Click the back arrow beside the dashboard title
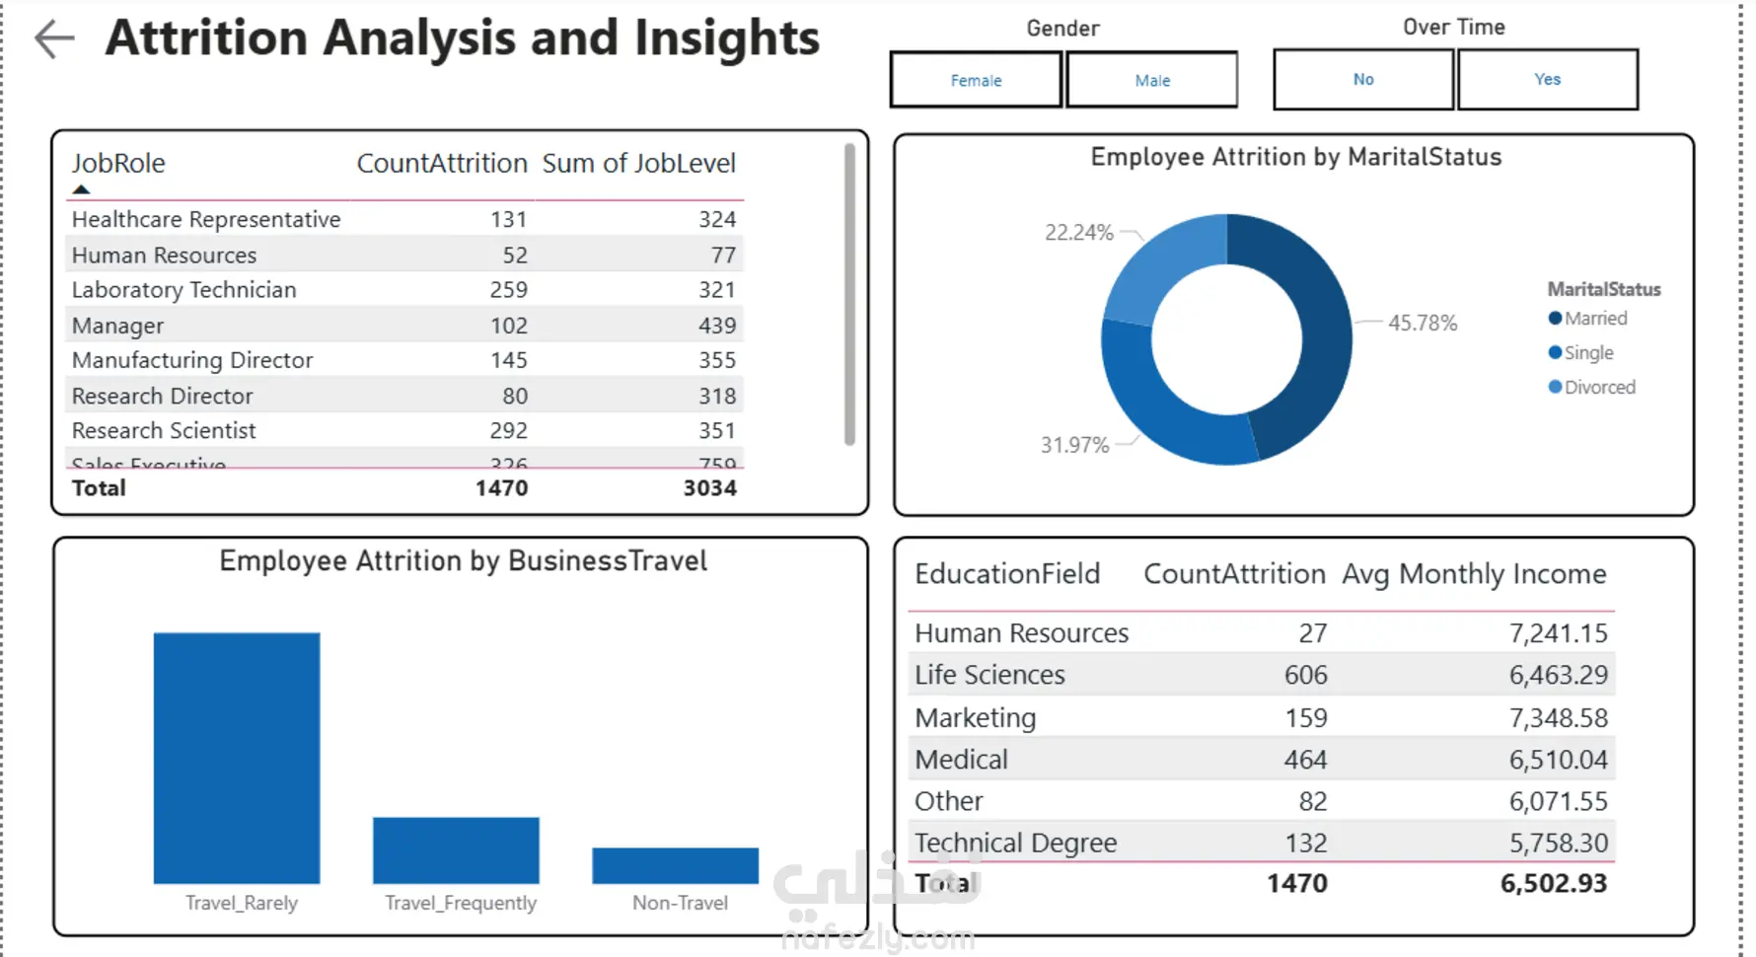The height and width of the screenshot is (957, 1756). [54, 39]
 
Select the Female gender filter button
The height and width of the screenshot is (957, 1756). [976, 80]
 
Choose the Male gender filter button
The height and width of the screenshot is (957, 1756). [1152, 80]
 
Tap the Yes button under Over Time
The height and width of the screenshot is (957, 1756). [1547, 79]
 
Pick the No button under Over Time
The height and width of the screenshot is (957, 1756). [1363, 79]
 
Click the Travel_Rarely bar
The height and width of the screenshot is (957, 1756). [237, 758]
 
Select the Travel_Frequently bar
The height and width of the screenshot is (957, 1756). [456, 849]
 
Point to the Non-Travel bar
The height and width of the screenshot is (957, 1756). [675, 865]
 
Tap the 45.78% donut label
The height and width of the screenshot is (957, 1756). [1422, 323]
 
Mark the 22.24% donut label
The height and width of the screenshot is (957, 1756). [1079, 233]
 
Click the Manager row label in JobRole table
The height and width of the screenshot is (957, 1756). [117, 326]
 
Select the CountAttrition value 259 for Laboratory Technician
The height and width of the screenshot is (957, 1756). [508, 290]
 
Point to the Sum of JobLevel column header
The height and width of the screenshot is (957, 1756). [638, 163]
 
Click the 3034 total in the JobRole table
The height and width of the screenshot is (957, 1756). [709, 488]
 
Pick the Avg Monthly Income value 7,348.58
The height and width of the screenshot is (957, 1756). [1558, 718]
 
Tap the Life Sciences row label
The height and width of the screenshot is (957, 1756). [989, 675]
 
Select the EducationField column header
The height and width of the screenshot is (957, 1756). [1006, 574]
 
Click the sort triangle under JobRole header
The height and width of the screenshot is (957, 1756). [81, 189]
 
